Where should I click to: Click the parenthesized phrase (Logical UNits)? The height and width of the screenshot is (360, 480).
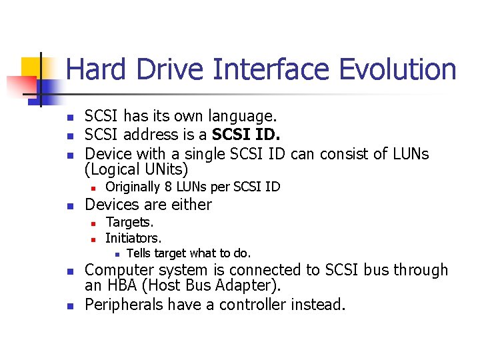[137, 169]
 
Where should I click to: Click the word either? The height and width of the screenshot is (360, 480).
[191, 205]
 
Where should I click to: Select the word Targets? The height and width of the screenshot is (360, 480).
[129, 222]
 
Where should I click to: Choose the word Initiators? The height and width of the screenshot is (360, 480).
[133, 238]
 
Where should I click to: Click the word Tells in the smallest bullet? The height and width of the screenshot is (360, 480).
[138, 253]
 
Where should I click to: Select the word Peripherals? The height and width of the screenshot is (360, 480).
[125, 305]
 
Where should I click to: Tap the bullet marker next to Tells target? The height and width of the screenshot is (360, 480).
[117, 254]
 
